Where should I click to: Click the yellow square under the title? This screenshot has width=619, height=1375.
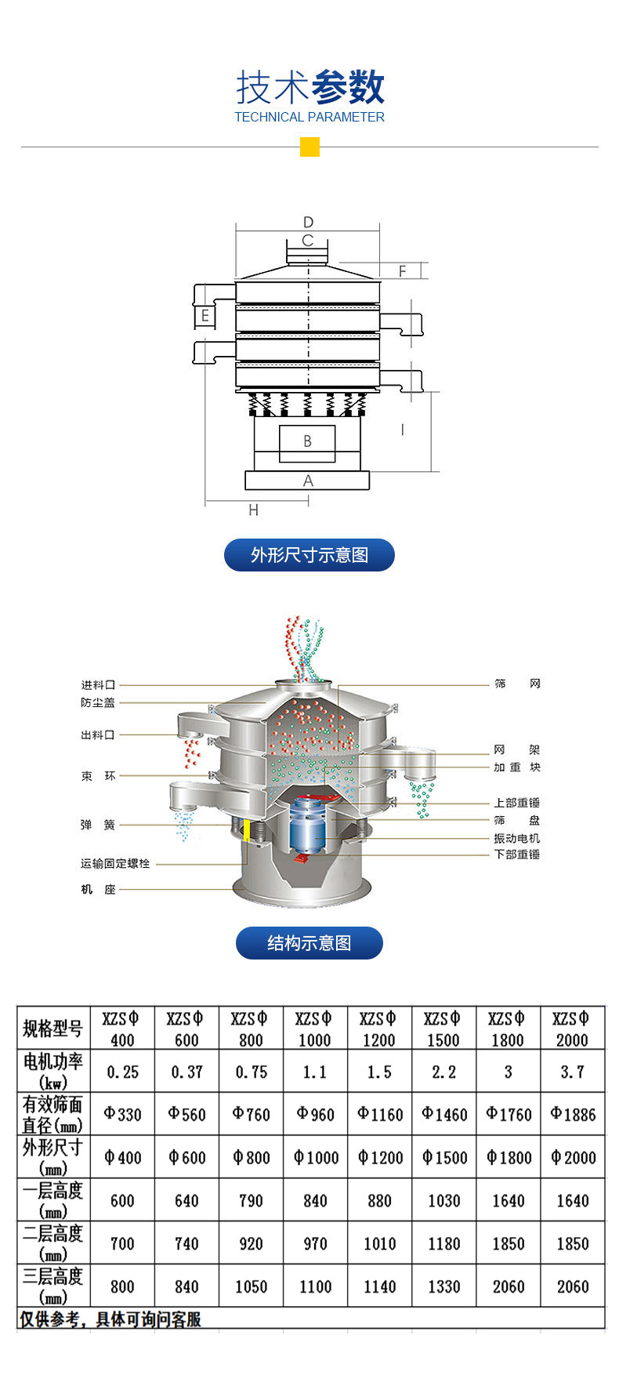tap(309, 147)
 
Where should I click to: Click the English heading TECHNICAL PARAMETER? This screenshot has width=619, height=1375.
tap(309, 118)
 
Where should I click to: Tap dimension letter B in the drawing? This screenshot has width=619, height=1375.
tap(307, 441)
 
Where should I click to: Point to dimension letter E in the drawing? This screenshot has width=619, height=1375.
tap(205, 316)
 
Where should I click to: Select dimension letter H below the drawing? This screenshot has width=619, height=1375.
tap(253, 510)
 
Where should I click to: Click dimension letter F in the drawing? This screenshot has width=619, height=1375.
tap(402, 271)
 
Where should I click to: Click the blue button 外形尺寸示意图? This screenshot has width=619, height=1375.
tap(309, 555)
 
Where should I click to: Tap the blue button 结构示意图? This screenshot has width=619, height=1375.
tap(309, 943)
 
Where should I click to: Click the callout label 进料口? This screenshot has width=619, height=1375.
tap(98, 685)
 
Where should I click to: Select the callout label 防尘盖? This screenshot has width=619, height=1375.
tap(98, 702)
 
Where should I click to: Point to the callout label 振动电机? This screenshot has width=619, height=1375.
tap(516, 838)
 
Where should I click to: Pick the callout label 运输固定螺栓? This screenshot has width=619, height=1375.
tap(115, 863)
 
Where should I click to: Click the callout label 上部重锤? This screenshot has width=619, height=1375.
tap(516, 803)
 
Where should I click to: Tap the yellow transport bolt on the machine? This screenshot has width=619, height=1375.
tap(247, 830)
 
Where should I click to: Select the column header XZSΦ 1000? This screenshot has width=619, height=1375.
tap(315, 1029)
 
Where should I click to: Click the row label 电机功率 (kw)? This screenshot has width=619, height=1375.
tap(53, 1071)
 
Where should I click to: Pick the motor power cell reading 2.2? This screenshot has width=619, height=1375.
tap(443, 1072)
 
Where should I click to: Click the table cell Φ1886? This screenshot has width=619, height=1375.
tap(573, 1114)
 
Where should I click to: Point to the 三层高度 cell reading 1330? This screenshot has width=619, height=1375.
tap(443, 1286)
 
